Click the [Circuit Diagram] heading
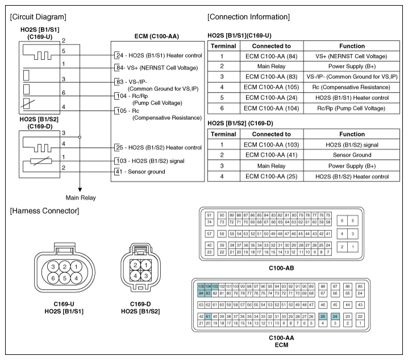[38, 16]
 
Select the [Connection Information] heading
[249, 16]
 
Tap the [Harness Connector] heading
[44, 211]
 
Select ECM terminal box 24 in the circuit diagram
[119, 55]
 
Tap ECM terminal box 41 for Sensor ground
[119, 171]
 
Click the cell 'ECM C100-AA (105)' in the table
[272, 86]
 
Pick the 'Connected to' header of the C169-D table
[272, 134]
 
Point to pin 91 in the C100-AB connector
[210, 216]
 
